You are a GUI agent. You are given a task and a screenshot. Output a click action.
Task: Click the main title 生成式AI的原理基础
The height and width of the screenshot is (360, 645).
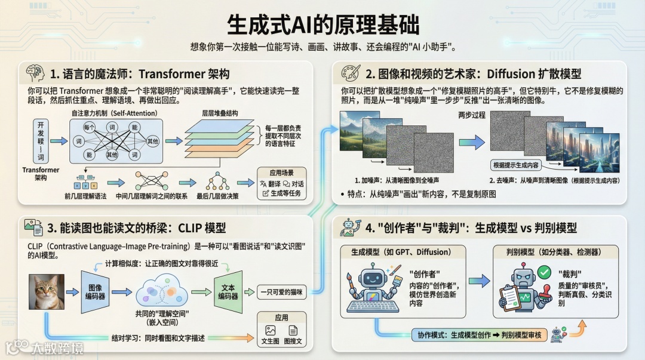pyautogui.click(x=322, y=24)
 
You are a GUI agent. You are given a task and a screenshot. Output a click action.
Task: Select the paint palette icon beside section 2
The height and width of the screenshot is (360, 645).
pyautogui.click(x=351, y=73)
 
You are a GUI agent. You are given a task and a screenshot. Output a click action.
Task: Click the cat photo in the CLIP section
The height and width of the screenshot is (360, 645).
pyautogui.click(x=47, y=291)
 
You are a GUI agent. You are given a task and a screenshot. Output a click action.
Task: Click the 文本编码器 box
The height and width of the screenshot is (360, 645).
pyautogui.click(x=228, y=291)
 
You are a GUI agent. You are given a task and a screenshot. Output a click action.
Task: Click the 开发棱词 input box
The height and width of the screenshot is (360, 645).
pyautogui.click(x=41, y=140)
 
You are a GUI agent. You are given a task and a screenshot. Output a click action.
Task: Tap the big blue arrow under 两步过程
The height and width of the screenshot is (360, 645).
pyautogui.click(x=472, y=141)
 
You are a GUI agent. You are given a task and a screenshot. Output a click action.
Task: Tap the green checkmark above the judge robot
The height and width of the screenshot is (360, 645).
pyautogui.click(x=543, y=272)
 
